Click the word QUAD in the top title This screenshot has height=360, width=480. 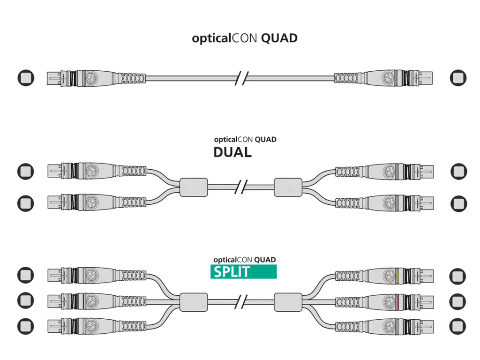click(x=279, y=38)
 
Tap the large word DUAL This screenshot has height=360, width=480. click(x=232, y=152)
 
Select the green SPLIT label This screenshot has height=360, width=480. click(x=243, y=271)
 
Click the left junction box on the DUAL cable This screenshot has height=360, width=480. click(x=194, y=187)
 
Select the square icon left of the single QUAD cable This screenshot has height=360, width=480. click(x=26, y=78)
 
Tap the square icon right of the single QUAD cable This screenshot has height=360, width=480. click(x=458, y=78)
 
